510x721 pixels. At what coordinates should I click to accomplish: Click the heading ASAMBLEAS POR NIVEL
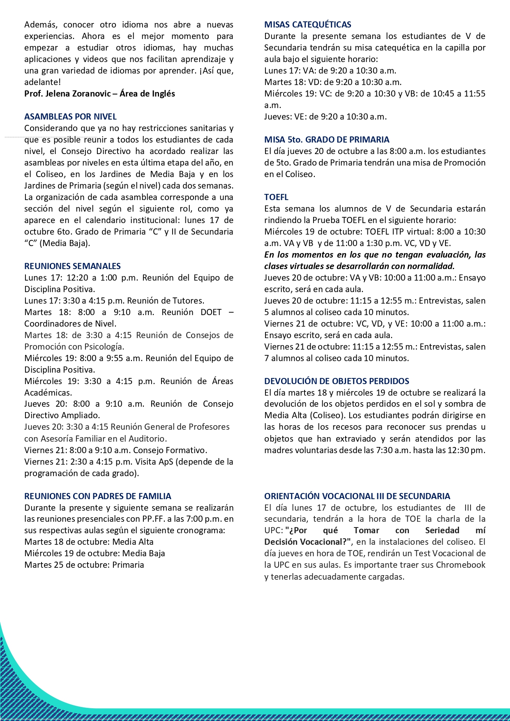70,117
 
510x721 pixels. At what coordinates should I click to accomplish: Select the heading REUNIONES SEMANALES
72,266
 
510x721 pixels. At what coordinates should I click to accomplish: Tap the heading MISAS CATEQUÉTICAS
307,25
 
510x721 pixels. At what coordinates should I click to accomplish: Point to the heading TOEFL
276,197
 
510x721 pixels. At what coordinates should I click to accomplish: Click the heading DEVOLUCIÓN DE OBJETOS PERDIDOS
337,381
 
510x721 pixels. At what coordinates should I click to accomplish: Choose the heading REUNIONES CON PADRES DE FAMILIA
97,496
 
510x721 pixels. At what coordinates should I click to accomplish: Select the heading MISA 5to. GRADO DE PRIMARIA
327,140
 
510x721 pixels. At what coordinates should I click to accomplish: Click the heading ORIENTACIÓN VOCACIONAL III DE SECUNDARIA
357,496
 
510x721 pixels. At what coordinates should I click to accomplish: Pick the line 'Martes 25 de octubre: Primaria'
84,565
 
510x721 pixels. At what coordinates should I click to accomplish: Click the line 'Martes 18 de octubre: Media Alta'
89,542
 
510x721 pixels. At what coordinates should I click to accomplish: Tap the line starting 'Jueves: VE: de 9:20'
325,117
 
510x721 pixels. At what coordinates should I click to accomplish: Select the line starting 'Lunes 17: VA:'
330,71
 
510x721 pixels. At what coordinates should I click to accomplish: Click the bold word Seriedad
442,530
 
